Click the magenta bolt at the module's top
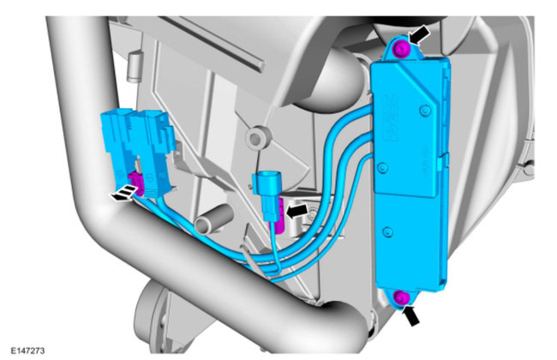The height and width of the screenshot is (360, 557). tap(401, 48)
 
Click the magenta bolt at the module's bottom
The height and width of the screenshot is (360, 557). tap(401, 297)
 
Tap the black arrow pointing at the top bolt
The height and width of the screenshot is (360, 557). tap(419, 36)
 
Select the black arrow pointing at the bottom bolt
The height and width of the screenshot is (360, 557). tap(411, 315)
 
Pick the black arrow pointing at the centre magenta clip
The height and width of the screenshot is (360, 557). tap(296, 211)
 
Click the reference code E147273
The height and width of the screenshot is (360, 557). tap(27, 351)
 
